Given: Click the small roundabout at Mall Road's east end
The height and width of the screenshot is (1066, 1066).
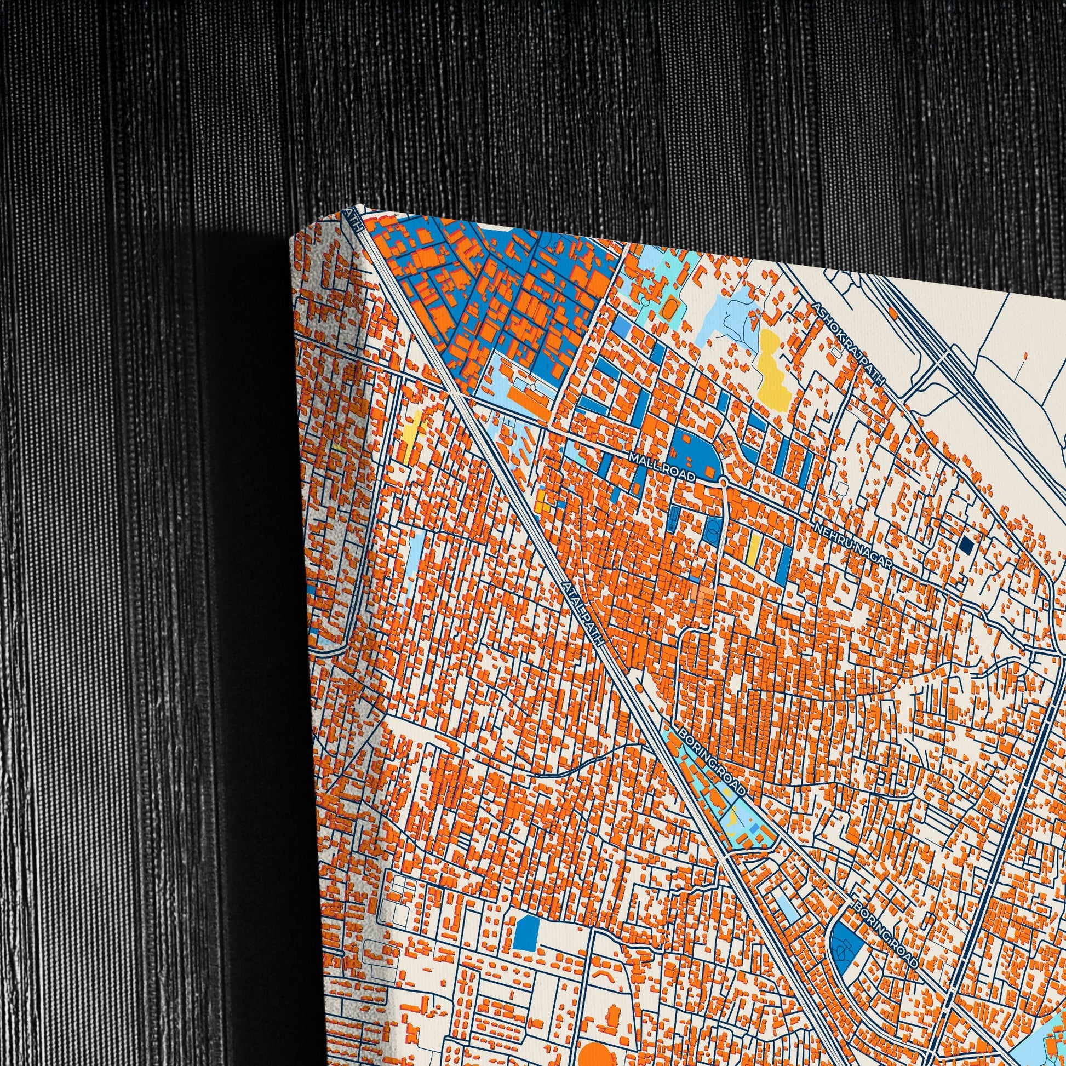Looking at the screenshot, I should pyautogui.click(x=723, y=482).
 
